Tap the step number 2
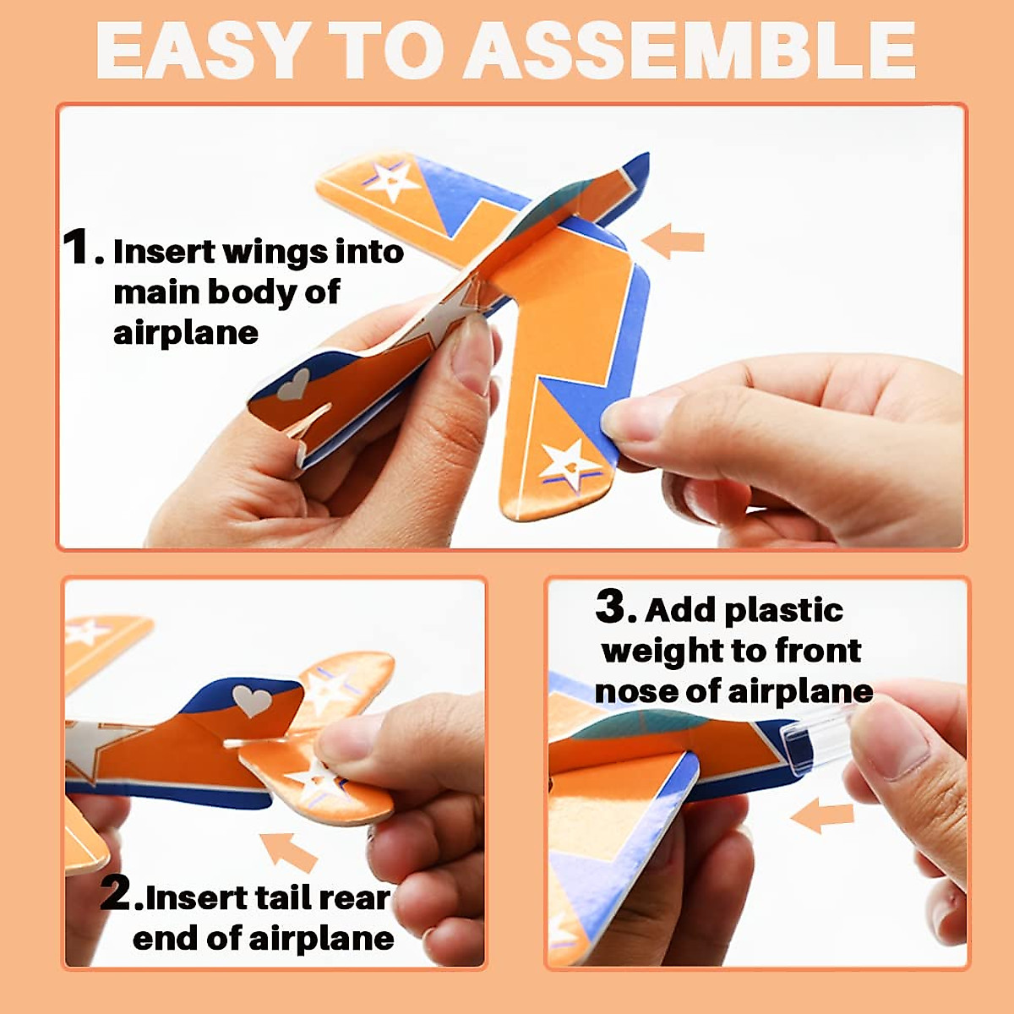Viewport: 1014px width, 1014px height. pos(116,893)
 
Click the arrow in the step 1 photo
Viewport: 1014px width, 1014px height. pos(673,241)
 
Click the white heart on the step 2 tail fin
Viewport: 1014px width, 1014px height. pos(252,701)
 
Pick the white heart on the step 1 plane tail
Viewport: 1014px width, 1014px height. pos(293,384)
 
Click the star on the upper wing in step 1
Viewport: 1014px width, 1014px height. pos(390,180)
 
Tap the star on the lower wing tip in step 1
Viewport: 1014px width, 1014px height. pos(567,464)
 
